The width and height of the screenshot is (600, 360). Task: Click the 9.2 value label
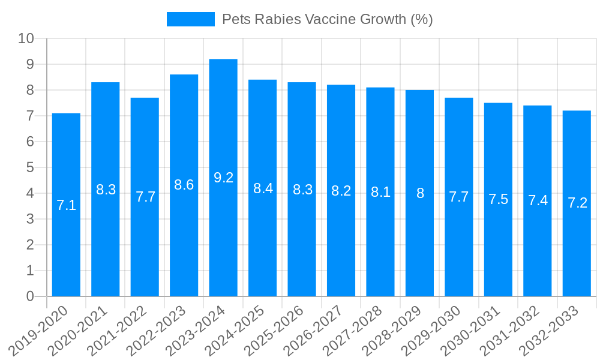coord(223,178)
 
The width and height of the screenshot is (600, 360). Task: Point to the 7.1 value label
coord(66,205)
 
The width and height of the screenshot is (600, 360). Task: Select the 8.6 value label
coord(184,185)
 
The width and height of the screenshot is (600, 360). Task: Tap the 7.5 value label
coord(498,199)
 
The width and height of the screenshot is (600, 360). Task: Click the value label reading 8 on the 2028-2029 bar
coord(420,193)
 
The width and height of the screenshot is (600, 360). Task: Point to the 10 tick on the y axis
coord(26,39)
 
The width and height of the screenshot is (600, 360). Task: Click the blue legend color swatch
coord(190,19)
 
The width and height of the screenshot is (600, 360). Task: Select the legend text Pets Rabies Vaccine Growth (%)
coord(327,19)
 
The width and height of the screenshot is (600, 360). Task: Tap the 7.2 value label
coord(577,203)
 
